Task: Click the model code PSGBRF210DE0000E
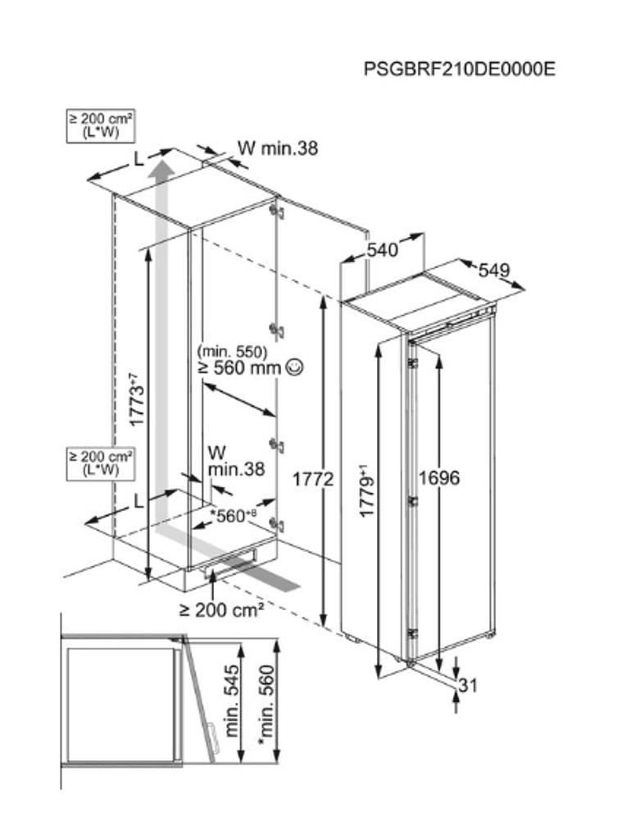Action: point(460,69)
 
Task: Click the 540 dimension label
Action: point(382,250)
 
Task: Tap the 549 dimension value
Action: point(494,270)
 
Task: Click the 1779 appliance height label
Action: point(366,491)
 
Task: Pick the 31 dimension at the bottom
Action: point(468,686)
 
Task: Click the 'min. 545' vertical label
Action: point(231,699)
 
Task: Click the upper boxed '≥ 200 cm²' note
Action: point(102,125)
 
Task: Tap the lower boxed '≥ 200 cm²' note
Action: point(102,462)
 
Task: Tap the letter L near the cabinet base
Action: point(138,501)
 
